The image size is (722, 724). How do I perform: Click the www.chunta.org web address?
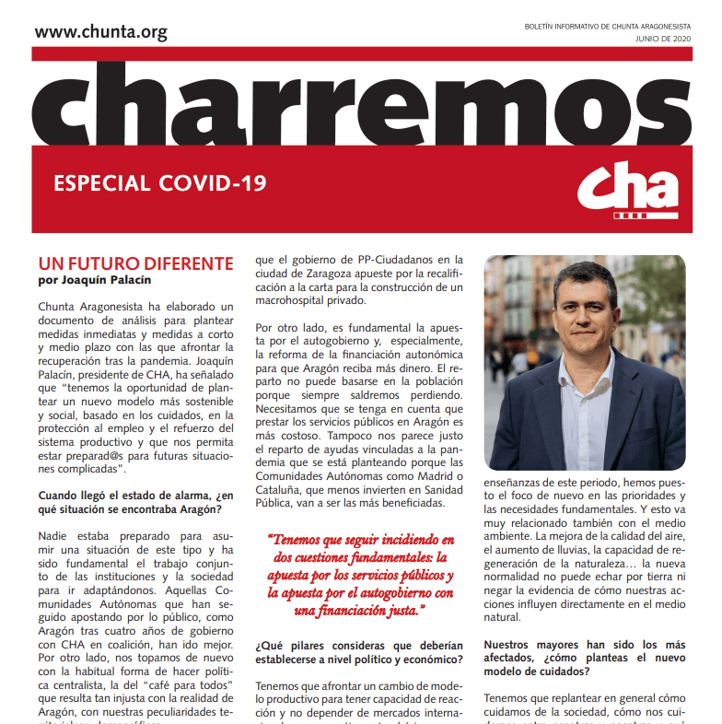tap(100, 32)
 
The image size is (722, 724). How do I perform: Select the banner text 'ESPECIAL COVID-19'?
tap(160, 182)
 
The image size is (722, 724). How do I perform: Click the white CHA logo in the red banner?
tap(628, 191)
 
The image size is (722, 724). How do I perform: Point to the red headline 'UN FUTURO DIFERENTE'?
tap(135, 263)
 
